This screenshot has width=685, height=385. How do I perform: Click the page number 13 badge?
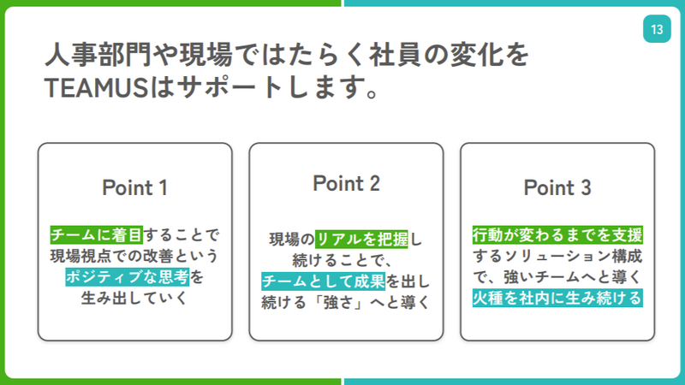657,29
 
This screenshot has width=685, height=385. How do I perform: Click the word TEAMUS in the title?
96,87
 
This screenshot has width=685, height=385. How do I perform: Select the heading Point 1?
134,187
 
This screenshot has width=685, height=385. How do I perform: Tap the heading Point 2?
346,183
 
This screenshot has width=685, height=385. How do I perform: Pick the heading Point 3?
557,187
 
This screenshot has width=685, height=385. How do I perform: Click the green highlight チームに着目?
97,234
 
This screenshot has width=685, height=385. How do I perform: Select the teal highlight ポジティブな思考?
127,276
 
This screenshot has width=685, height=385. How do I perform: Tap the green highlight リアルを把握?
361,240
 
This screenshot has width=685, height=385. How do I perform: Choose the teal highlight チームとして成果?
324,281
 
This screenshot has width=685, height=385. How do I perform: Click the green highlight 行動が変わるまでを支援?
557,234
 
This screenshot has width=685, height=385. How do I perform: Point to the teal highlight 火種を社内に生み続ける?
557,298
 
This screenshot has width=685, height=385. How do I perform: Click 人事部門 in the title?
98,55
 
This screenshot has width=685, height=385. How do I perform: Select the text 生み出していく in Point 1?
134,298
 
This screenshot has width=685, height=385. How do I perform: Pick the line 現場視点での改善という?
134,256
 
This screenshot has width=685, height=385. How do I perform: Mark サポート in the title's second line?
230,87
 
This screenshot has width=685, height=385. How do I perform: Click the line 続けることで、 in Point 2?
342,261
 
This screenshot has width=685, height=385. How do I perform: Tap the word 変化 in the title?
476,55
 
